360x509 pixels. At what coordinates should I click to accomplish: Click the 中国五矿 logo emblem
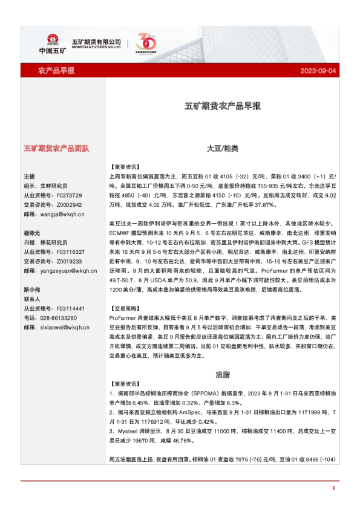48,37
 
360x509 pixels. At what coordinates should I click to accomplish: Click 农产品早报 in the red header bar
56,71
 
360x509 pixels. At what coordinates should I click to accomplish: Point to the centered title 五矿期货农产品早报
223,106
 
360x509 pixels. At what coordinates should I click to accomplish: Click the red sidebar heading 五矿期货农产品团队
56,148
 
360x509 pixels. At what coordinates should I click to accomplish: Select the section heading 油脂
223,374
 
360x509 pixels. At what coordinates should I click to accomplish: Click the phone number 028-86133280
58,317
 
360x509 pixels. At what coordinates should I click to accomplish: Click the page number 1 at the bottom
333,488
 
